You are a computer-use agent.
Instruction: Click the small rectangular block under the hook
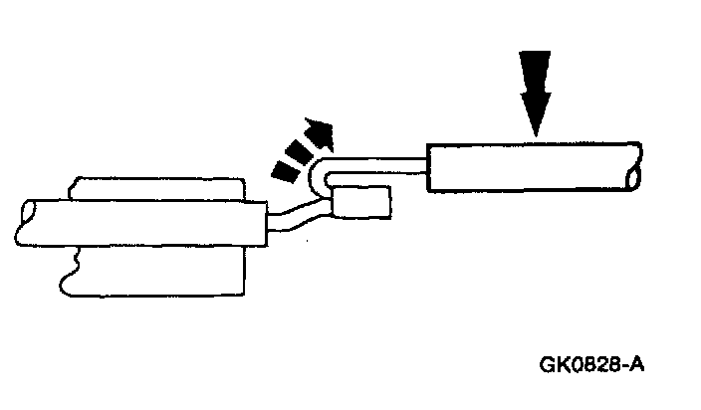pyautogui.click(x=361, y=204)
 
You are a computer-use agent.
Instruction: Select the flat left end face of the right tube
pyautogui.click(x=429, y=168)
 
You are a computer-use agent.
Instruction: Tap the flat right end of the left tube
pyautogui.click(x=265, y=220)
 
